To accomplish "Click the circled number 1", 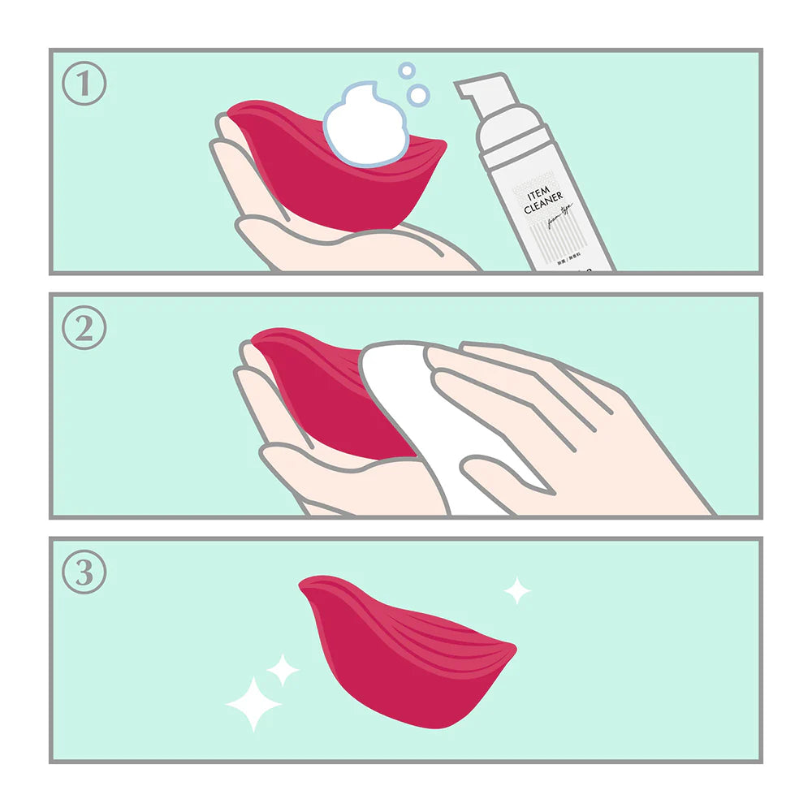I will (84, 84).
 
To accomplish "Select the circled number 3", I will (84, 572).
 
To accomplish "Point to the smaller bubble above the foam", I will (407, 71).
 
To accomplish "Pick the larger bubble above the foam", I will (418, 95).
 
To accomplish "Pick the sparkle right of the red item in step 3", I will (516, 591).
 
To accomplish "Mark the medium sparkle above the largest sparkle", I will (283, 670).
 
